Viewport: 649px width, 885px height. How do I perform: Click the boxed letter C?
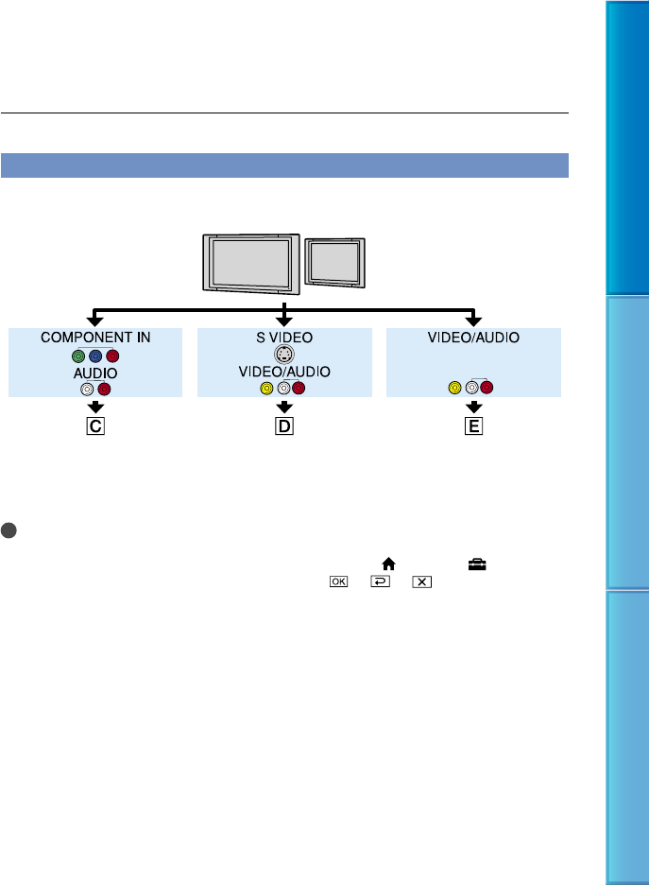coord(95,425)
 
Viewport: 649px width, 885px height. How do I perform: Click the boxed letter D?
coord(284,425)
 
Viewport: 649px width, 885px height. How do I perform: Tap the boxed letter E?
coord(473,425)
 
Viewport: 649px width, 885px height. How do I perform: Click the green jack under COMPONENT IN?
coord(80,356)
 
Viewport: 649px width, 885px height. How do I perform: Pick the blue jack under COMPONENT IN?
coord(95,356)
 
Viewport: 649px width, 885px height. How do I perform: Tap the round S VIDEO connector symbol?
coord(284,356)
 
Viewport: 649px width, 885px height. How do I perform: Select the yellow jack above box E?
coord(457,388)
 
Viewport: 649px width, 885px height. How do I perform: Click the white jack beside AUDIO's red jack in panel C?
coord(88,388)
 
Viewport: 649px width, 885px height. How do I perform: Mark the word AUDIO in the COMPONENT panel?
coord(95,373)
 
